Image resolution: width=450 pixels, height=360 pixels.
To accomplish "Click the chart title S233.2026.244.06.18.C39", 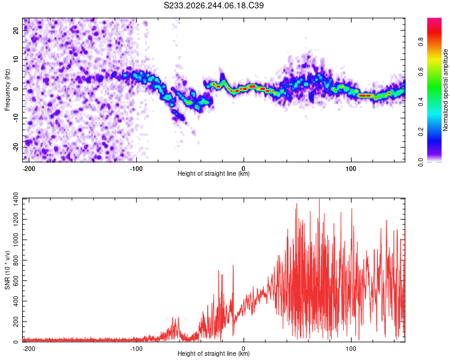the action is pyautogui.click(x=214, y=5).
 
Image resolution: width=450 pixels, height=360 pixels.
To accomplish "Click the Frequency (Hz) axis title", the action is pyautogui.click(x=7, y=90).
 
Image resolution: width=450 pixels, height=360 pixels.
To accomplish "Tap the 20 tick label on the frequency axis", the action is pyautogui.click(x=16, y=30).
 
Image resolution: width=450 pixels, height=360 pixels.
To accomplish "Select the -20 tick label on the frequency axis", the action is pyautogui.click(x=16, y=147).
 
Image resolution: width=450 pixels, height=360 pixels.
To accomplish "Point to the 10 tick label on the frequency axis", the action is pyautogui.click(x=16, y=59).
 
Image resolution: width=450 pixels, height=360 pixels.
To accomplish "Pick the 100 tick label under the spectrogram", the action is pyautogui.click(x=351, y=169).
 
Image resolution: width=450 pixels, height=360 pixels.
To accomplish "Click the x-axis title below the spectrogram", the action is pyautogui.click(x=214, y=173).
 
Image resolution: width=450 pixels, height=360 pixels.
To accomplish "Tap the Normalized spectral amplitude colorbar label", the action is pyautogui.click(x=445, y=90).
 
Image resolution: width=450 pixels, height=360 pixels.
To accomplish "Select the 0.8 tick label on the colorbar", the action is pyautogui.click(x=421, y=41).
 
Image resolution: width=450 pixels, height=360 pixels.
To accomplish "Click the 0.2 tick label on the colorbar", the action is pyautogui.click(x=421, y=132).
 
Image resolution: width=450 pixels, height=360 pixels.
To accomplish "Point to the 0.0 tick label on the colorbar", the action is pyautogui.click(x=421, y=162).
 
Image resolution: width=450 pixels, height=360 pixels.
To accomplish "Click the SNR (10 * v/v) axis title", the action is pyautogui.click(x=7, y=270).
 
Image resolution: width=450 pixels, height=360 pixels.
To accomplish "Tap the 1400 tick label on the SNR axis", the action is pyautogui.click(x=16, y=199).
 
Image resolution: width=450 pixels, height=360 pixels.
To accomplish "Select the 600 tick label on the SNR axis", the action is pyautogui.click(x=16, y=280).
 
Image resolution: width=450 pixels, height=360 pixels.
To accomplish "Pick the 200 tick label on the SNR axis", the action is pyautogui.click(x=16, y=322).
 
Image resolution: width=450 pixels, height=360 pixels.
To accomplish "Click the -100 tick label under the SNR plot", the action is pyautogui.click(x=136, y=349).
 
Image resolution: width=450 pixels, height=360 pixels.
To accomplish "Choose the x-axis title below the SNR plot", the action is pyautogui.click(x=214, y=353).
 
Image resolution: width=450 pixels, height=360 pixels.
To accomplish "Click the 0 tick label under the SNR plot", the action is pyautogui.click(x=244, y=349).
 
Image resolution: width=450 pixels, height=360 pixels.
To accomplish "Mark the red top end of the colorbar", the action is pyautogui.click(x=434, y=19).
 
